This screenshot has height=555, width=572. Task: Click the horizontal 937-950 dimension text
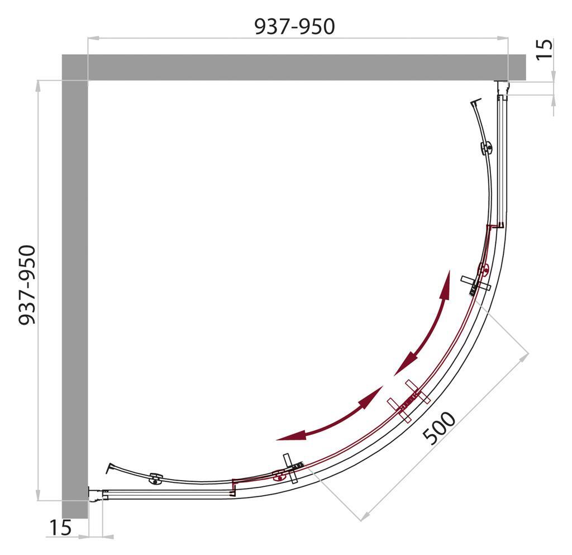pos(294,26)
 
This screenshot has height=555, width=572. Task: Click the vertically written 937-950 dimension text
pos(27,284)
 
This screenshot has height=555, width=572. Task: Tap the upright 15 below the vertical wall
pos(60,528)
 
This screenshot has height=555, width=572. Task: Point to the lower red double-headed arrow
pos(330,414)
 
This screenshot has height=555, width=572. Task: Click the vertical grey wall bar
pos(75,291)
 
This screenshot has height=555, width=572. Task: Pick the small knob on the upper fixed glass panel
pos(487,149)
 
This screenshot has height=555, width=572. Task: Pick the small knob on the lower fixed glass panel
pos(155,478)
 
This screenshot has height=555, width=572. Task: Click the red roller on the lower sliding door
pos(279,476)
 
